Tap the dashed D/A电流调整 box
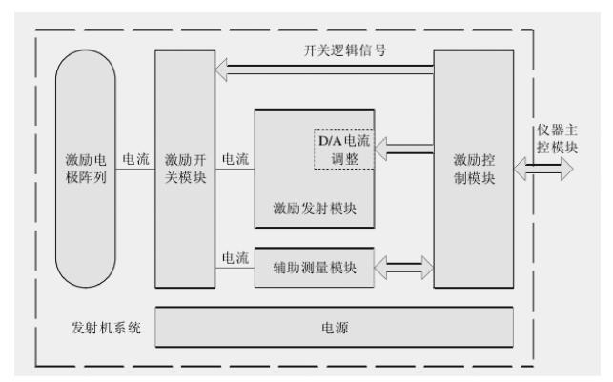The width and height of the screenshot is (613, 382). coord(341,150)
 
